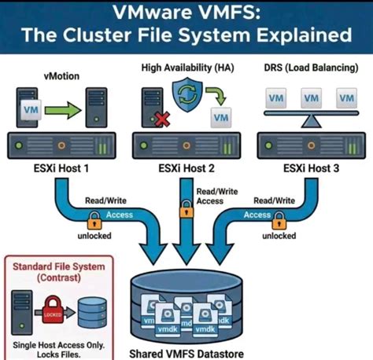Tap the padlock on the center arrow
coord(186,207)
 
